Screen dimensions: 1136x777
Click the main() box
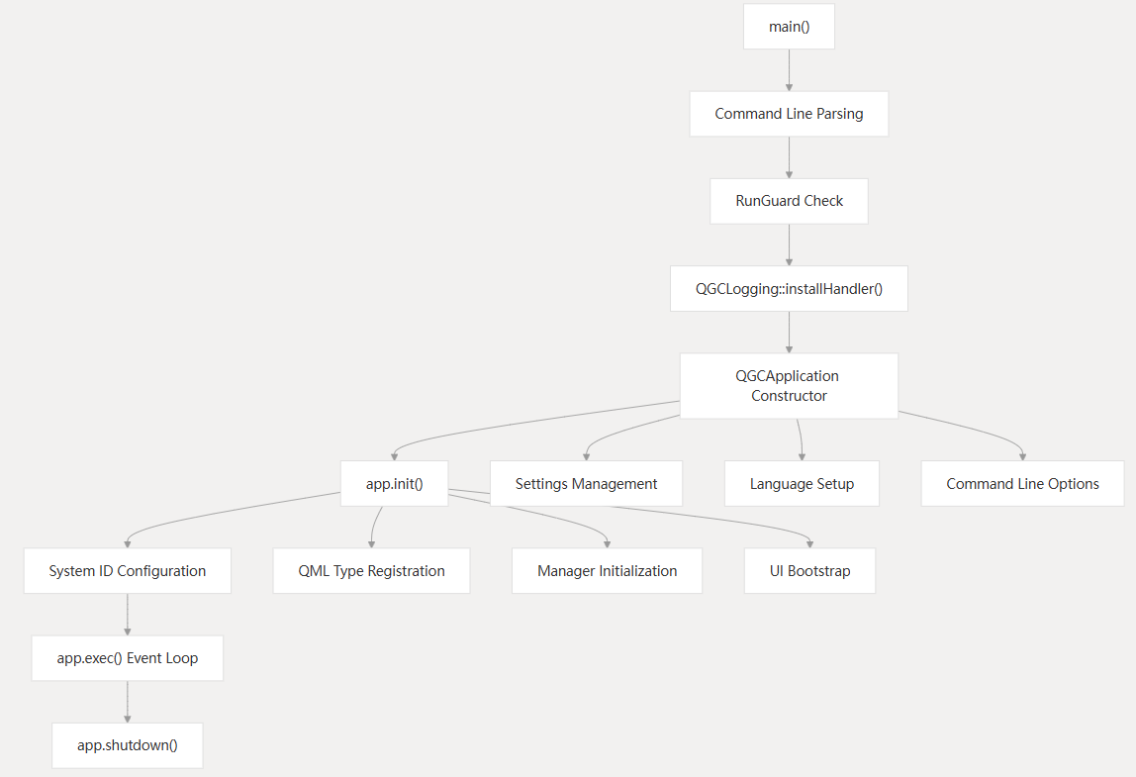tap(789, 27)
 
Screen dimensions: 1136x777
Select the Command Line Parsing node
tap(789, 114)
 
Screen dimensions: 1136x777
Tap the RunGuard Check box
tap(789, 201)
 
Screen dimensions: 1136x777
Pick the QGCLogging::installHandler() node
tap(789, 288)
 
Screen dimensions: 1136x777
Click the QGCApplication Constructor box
tap(789, 385)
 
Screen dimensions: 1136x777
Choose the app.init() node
tap(394, 484)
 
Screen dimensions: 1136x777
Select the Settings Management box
tap(586, 484)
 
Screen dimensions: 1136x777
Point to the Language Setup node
tap(802, 484)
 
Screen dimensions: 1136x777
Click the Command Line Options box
tap(1022, 484)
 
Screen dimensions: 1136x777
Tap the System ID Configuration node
tap(127, 571)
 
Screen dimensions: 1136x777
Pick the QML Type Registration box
tap(371, 571)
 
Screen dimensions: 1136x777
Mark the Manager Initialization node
tap(607, 571)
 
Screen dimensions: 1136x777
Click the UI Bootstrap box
tap(809, 571)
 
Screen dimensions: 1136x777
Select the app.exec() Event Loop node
tap(127, 658)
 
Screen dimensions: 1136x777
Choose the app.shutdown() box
tap(127, 745)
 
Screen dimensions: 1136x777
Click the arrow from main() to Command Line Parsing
tap(789, 70)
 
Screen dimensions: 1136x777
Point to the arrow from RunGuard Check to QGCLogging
tap(789, 244)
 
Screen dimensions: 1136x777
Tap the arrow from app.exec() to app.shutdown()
tap(127, 702)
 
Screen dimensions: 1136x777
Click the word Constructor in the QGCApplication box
tap(789, 396)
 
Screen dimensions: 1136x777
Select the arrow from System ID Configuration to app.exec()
tap(127, 615)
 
